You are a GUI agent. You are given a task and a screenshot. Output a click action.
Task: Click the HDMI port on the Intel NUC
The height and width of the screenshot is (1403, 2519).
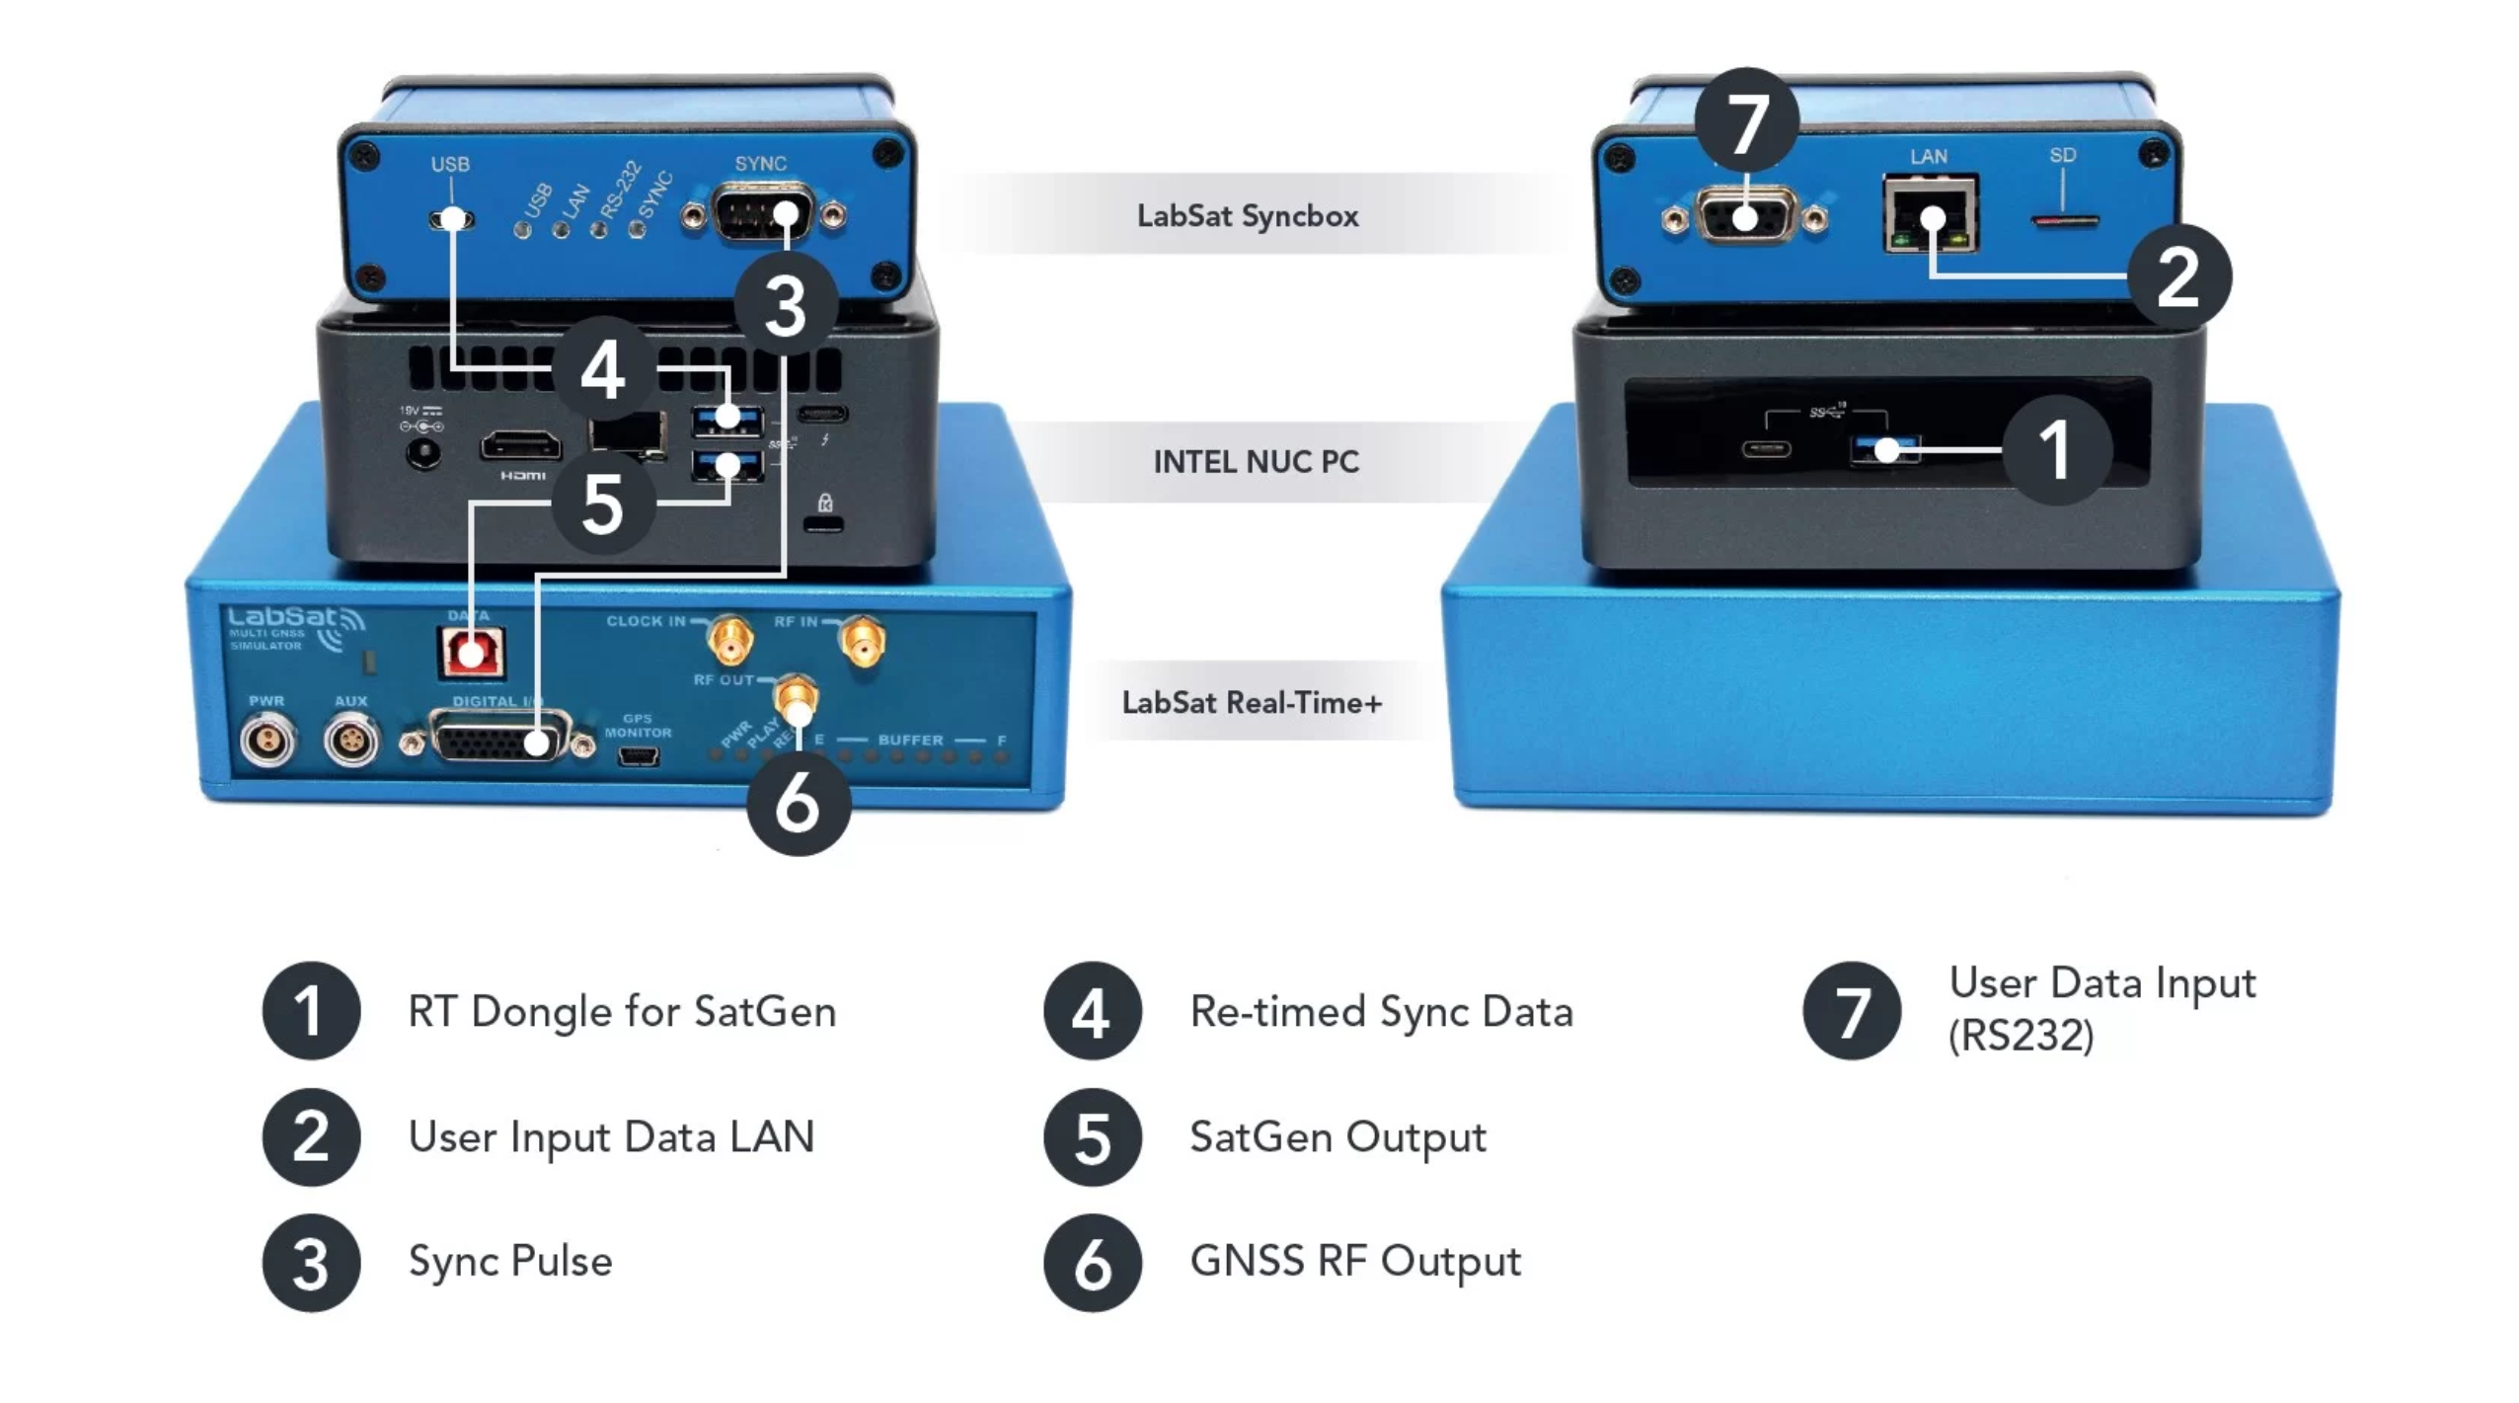pos(520,446)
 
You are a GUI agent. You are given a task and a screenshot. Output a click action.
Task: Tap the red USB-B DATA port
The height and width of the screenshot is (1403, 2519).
pos(471,653)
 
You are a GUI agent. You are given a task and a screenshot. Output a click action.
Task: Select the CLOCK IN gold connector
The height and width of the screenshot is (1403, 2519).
pos(729,641)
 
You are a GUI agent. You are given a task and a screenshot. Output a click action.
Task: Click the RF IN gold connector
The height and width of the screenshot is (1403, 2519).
pos(861,641)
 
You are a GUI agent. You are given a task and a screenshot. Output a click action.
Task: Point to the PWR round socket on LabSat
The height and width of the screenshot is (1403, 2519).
pos(267,740)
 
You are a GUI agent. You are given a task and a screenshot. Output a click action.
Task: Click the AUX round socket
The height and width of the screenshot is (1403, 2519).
pos(350,740)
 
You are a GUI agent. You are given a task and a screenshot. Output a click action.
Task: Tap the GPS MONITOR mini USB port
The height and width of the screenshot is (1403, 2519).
pos(638,757)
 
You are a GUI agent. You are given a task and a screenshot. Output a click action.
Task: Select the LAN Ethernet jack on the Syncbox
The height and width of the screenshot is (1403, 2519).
pos(1930,214)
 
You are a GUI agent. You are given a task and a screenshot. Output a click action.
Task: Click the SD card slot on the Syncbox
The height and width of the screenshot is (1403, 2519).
pos(2063,220)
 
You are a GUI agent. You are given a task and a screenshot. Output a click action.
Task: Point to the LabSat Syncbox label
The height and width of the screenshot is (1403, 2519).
pos(1247,215)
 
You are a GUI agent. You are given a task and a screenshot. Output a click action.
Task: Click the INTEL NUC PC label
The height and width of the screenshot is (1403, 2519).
pos(1256,461)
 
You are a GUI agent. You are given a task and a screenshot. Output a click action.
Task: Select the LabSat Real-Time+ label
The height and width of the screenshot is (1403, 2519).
pos(1252,702)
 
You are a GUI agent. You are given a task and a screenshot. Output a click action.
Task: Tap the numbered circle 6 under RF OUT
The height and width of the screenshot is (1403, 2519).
pos(798,802)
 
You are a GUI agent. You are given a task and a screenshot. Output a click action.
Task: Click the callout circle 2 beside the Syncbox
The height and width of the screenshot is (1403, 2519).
pos(2178,276)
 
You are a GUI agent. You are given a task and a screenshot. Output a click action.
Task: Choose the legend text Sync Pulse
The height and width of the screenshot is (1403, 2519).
pos(509,1261)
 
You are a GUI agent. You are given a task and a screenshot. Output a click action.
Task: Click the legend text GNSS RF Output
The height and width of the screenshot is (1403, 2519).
pos(1354,1261)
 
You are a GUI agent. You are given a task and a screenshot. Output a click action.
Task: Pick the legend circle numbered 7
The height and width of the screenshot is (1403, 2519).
pos(1851,1011)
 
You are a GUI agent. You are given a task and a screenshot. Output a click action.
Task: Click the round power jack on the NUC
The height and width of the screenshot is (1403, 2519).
pos(424,453)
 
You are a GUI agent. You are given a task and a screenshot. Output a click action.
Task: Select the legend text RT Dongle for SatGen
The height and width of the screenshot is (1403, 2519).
pos(622,1011)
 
